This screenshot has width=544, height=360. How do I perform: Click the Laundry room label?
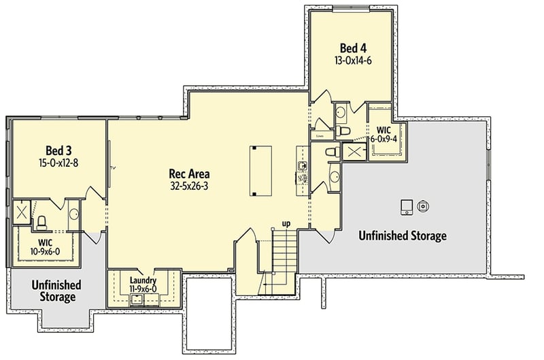[143, 280]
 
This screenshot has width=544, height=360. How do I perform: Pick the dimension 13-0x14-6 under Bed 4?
[352, 61]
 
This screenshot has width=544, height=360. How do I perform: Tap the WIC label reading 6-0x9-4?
[383, 133]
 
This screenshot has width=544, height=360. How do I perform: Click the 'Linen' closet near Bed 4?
[320, 136]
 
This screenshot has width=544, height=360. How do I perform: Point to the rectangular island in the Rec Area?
[256, 170]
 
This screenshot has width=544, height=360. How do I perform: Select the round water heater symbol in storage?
[423, 205]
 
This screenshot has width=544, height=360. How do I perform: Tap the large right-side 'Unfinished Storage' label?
[403, 236]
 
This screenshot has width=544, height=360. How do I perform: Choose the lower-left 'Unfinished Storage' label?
[56, 291]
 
